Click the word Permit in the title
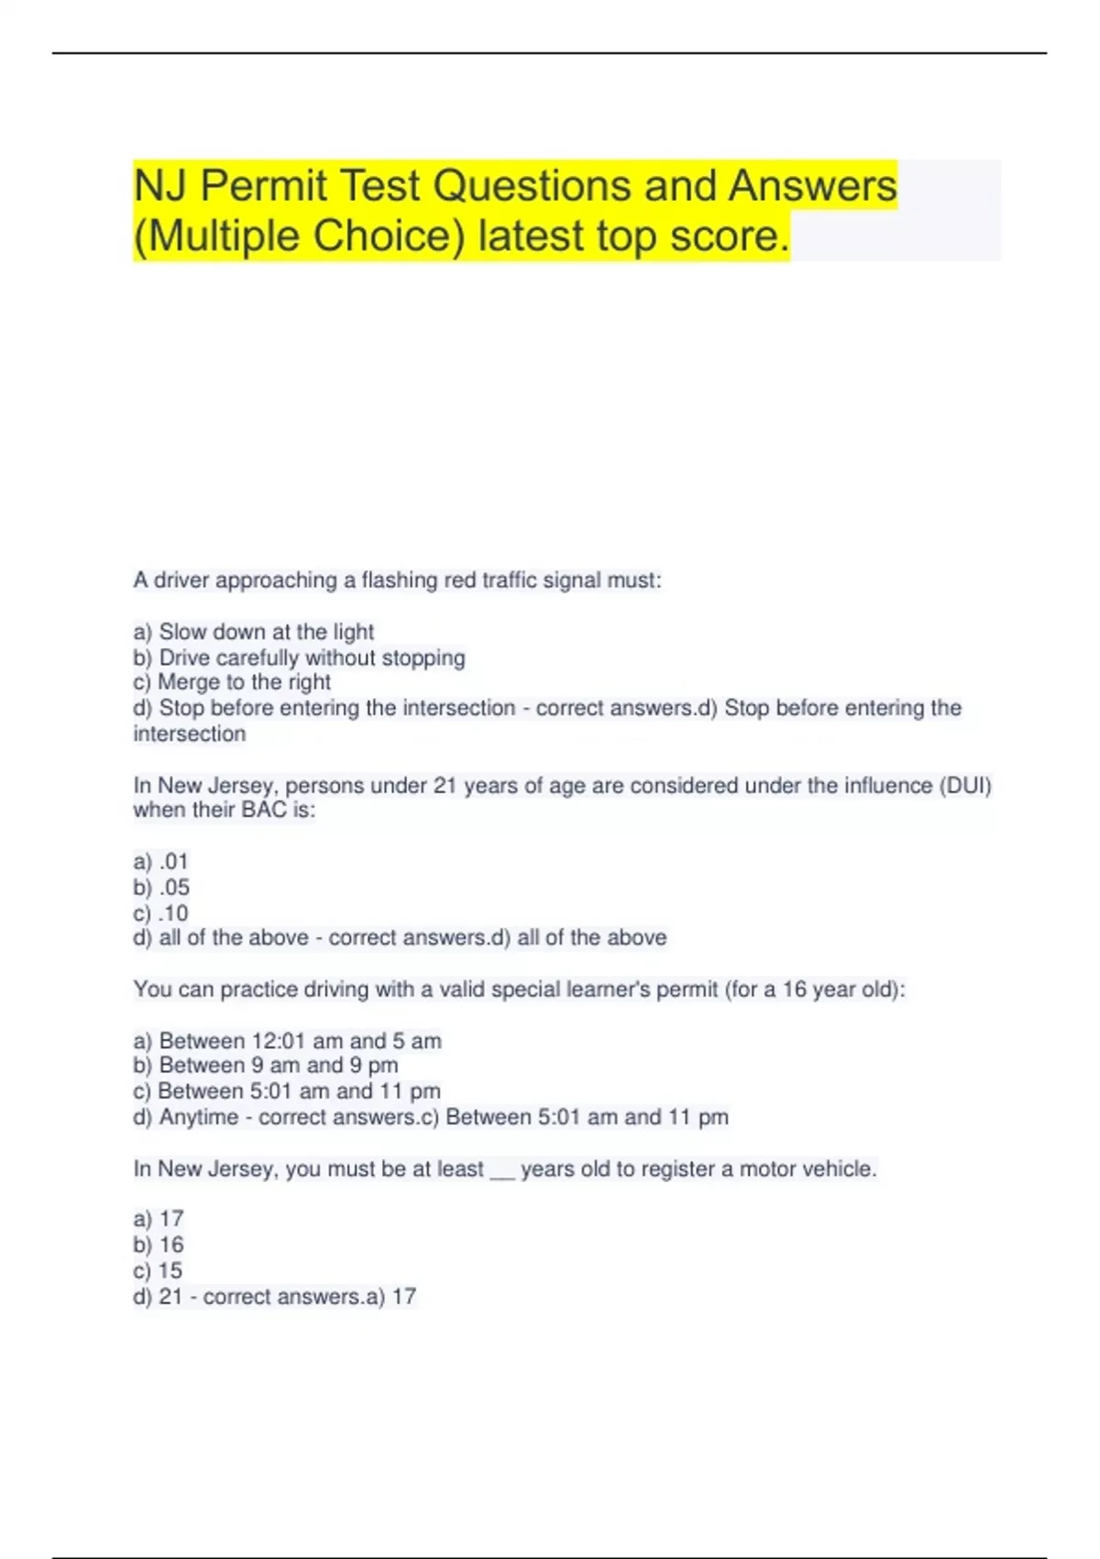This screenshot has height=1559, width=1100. [x=262, y=186]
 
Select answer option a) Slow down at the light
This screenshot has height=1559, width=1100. [x=254, y=632]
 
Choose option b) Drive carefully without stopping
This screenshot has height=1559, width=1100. [x=299, y=658]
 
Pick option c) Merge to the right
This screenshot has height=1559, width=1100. [x=232, y=682]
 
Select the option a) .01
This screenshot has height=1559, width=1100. [x=160, y=862]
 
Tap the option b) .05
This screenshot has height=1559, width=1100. [x=161, y=888]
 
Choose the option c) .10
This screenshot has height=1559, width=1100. [x=160, y=913]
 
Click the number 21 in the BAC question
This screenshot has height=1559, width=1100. [x=445, y=786]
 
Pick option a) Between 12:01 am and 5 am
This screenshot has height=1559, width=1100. [x=287, y=1041]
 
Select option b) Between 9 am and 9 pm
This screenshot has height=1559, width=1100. [x=266, y=1066]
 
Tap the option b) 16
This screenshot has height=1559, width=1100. [x=159, y=1245]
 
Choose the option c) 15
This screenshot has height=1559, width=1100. [x=158, y=1271]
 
